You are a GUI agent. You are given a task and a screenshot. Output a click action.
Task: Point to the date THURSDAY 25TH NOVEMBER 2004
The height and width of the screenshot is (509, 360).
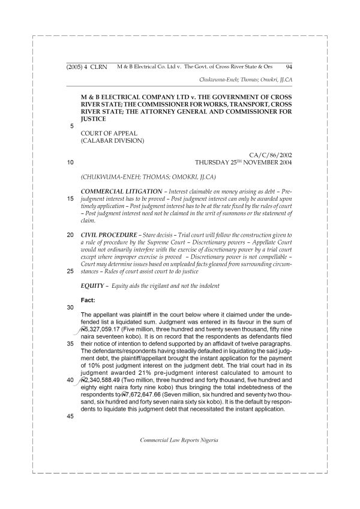point(244,162)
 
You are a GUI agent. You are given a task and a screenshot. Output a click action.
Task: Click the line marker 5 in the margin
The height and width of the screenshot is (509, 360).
point(72,126)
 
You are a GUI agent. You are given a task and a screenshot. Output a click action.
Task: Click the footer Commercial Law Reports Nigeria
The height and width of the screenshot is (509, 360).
point(178,439)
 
